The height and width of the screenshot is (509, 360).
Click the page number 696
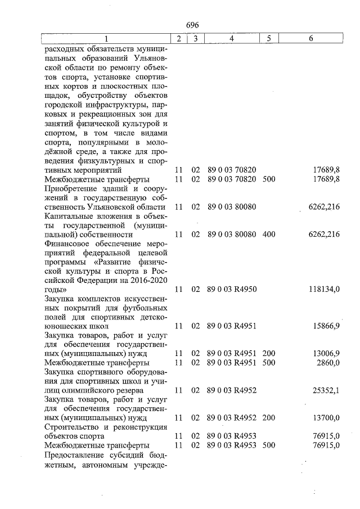(192, 25)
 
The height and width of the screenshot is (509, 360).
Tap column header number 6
(311, 39)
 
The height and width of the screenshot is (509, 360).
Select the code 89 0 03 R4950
(232, 289)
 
